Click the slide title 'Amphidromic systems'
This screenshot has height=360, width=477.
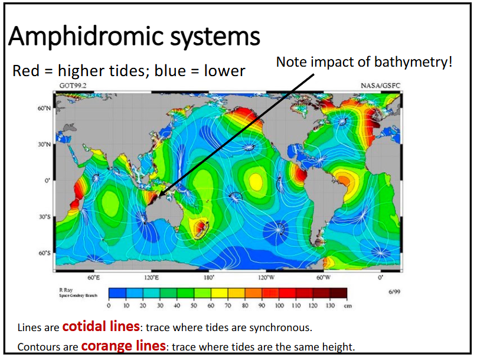tap(134, 37)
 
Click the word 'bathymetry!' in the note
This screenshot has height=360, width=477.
tap(422, 61)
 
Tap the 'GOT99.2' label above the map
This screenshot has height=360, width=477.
tap(71, 86)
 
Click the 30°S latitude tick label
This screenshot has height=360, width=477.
tap(45, 217)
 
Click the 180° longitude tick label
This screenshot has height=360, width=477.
tap(208, 277)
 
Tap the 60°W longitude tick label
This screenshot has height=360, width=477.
tap(323, 277)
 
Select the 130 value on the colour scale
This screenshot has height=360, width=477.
tap(330, 306)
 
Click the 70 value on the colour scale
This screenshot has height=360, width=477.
tap(228, 306)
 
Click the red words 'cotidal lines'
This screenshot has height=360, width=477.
tap(101, 326)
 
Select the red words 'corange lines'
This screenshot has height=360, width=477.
tap(123, 346)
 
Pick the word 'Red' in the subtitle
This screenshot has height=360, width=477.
tap(24, 71)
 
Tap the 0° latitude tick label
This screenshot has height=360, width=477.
tap(47, 181)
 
